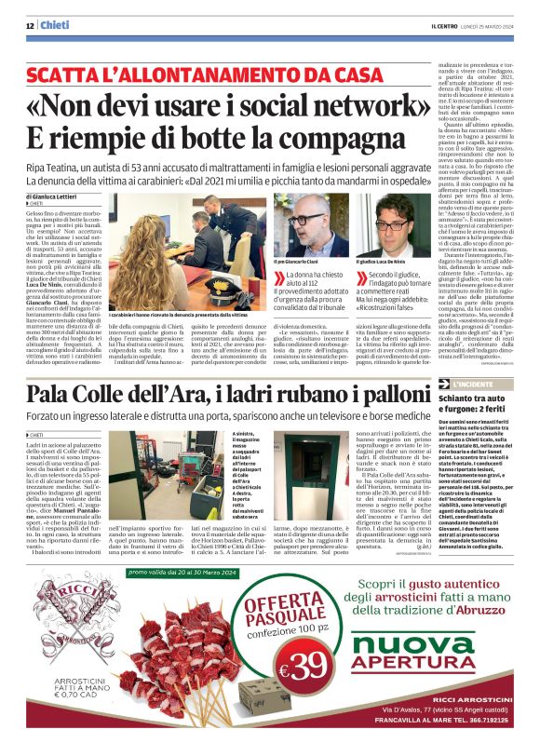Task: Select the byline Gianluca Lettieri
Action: click(61, 197)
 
